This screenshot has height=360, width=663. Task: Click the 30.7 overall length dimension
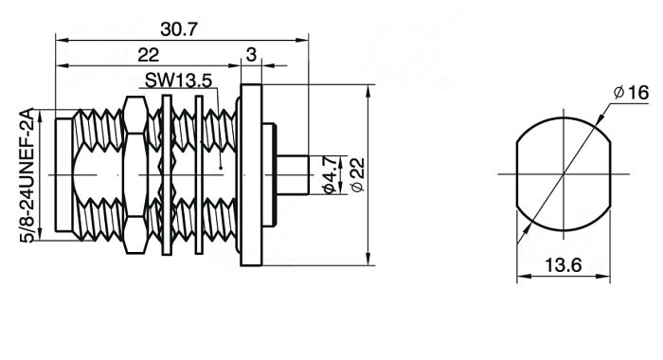coord(179,29)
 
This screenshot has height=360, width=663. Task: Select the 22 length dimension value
coord(149,55)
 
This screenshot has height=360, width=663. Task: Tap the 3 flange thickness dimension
coord(251,55)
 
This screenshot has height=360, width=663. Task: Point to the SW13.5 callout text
coord(178,81)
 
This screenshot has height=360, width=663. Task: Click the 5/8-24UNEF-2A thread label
coord(27,175)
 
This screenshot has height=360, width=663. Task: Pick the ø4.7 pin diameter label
coord(330,174)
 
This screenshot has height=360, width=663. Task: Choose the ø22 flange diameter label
coord(357,174)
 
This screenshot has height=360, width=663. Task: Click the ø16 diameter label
coord(631,93)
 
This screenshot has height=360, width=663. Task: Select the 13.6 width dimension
coord(564,265)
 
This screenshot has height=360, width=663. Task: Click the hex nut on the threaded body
coord(134,175)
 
